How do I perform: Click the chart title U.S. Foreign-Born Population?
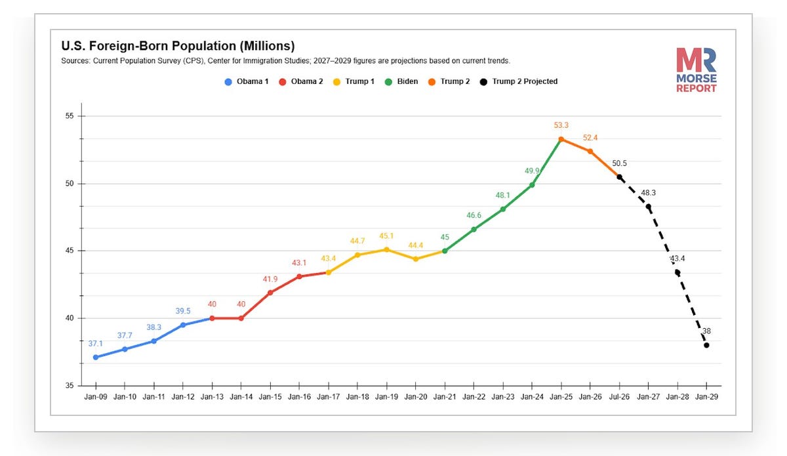click(x=178, y=46)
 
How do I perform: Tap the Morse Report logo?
click(x=696, y=70)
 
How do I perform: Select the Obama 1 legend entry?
click(x=247, y=81)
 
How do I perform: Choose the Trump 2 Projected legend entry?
click(x=519, y=81)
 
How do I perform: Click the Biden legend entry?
click(x=401, y=81)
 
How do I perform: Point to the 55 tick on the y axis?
click(x=70, y=116)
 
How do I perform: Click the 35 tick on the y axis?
click(x=70, y=386)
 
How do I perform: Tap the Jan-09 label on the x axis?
click(x=96, y=397)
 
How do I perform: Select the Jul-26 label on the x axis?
click(x=619, y=397)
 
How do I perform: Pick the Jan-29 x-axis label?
click(x=706, y=397)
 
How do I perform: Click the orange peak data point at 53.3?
click(x=561, y=139)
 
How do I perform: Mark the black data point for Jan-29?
click(x=706, y=345)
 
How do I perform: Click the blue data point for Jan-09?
click(x=96, y=357)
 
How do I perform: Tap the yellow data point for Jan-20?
click(x=416, y=259)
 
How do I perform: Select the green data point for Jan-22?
click(x=474, y=229)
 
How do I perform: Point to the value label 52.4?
click(x=590, y=138)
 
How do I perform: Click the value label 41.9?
click(x=270, y=279)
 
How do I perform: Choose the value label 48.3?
click(x=648, y=193)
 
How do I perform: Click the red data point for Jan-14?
click(x=241, y=318)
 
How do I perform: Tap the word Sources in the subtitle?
click(x=75, y=61)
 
